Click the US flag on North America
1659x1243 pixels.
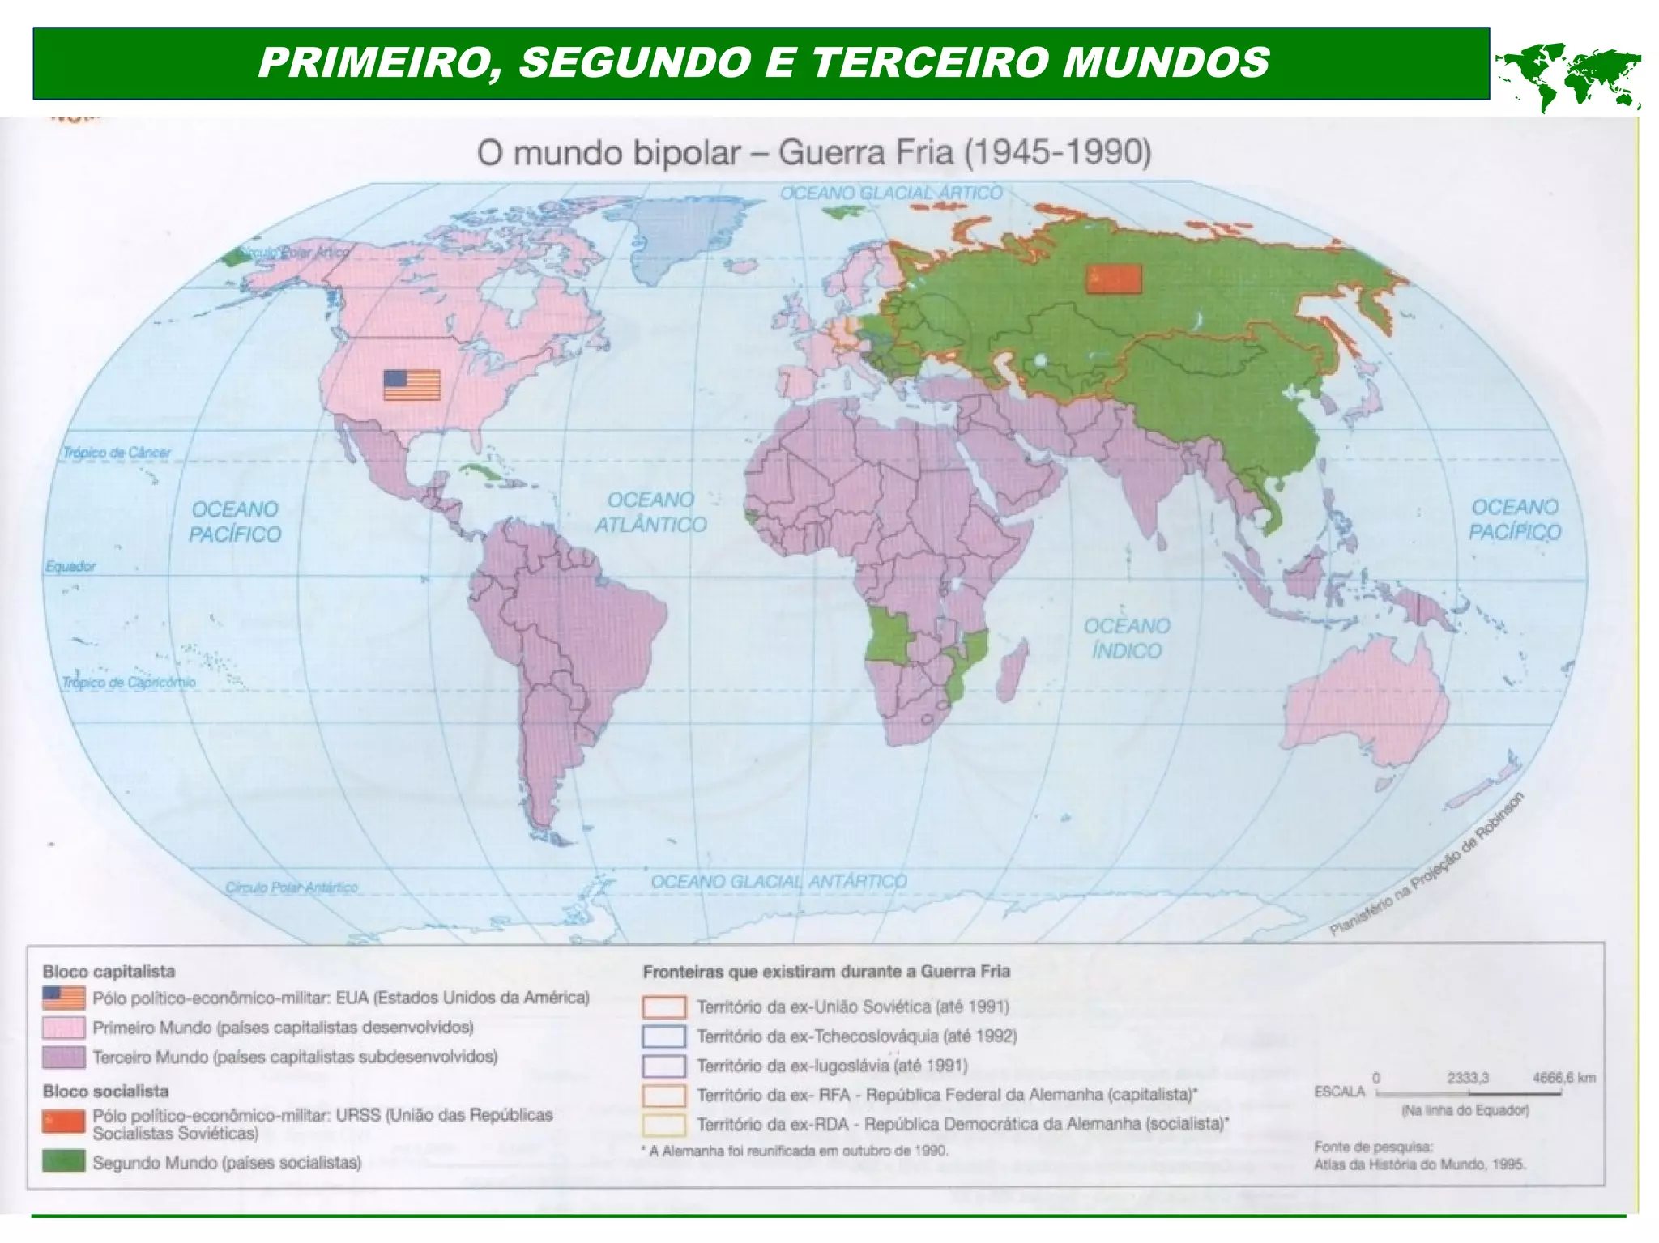[412, 385]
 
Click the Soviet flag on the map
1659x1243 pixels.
[1113, 279]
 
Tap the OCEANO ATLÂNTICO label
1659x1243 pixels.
[650, 512]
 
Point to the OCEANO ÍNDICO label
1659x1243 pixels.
[1126, 637]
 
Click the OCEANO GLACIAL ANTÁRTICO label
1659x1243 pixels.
[778, 881]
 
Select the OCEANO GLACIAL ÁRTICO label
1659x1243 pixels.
[891, 193]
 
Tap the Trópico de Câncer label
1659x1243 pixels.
[117, 452]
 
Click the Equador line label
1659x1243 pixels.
[70, 566]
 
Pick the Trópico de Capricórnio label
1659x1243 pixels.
[129, 683]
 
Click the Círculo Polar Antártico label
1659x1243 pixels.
[292, 887]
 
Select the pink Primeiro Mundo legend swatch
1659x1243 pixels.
[63, 1028]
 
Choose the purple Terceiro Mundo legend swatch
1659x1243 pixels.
[63, 1058]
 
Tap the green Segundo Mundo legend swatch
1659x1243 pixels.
[63, 1162]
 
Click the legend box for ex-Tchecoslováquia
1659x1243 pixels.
[663, 1037]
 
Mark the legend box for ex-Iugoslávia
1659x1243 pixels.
[663, 1066]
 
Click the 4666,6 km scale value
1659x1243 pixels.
[1563, 1078]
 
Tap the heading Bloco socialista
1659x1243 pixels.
[105, 1091]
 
